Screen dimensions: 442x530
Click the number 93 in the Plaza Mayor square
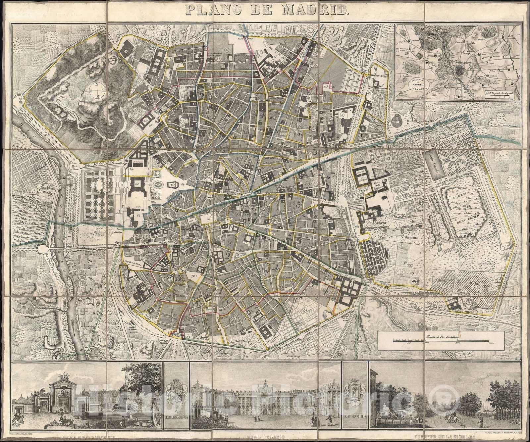[x=209, y=219]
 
